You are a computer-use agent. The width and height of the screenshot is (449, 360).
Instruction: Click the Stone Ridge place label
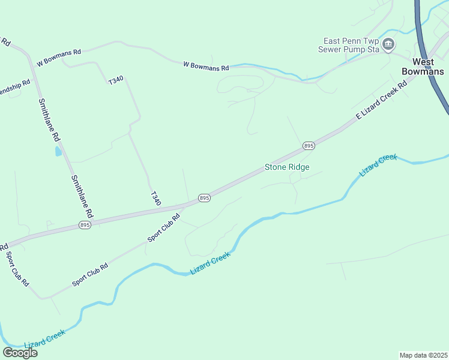point(287,167)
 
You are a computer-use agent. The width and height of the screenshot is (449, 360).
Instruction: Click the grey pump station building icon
point(388,44)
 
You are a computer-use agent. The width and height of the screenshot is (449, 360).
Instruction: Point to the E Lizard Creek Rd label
point(382,101)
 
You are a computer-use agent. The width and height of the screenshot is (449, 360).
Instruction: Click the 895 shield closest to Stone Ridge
point(309,146)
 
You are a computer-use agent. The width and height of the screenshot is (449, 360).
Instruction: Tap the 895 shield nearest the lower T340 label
point(204,198)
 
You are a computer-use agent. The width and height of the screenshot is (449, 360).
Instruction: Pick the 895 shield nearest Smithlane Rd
point(85,225)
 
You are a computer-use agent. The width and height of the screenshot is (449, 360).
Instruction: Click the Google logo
point(20,353)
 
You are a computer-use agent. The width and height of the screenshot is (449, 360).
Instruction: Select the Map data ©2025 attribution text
point(423,355)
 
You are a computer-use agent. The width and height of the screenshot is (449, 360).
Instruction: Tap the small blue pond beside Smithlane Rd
point(58,151)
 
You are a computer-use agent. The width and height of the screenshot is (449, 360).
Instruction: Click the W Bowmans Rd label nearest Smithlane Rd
point(58,58)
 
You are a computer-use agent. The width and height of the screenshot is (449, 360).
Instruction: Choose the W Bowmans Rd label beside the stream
point(206,67)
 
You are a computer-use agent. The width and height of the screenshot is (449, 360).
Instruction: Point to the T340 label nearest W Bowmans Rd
point(115,80)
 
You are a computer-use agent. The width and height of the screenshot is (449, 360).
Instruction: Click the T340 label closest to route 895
point(155,199)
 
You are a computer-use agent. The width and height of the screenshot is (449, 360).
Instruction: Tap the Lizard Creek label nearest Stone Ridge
point(378,165)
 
